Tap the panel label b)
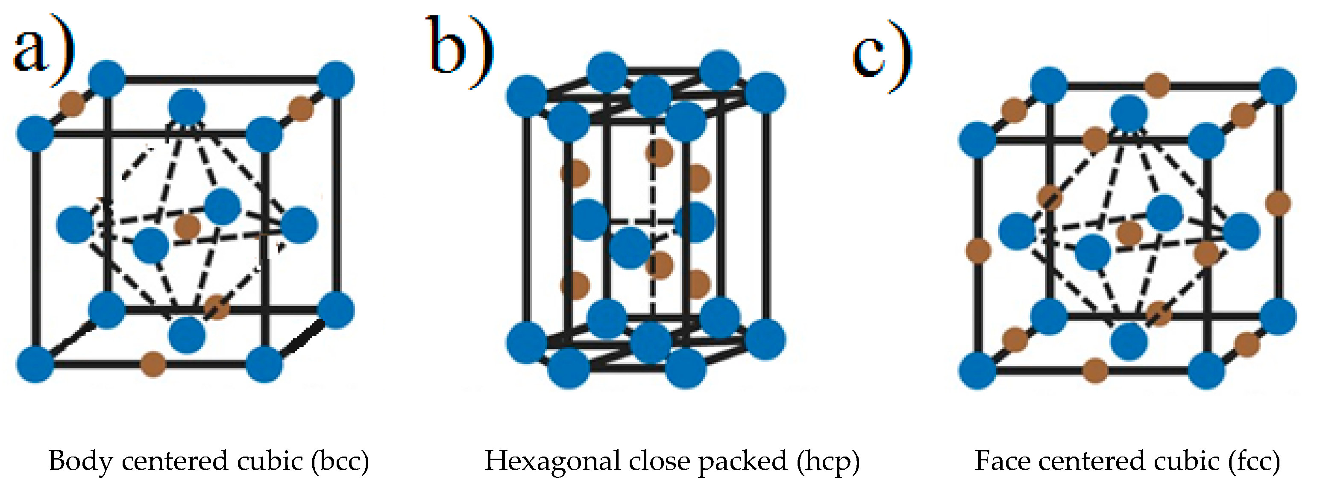click(x=460, y=51)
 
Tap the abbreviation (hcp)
click(x=828, y=461)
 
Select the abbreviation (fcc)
click(x=1255, y=461)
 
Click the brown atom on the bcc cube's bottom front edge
click(x=153, y=364)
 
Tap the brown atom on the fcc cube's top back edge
click(x=1157, y=85)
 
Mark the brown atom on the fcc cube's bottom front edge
click(x=1096, y=370)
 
